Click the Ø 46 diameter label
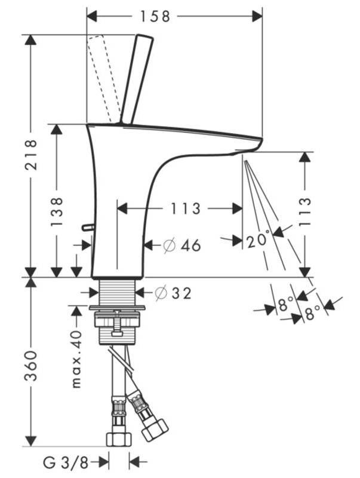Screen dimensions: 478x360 pos(181,245)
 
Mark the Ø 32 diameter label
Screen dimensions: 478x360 pos(173,293)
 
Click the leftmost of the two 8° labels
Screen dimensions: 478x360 pos(286,307)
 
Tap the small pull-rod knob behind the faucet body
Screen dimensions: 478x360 pos(87,227)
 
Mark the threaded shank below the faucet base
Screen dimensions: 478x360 pos(118,292)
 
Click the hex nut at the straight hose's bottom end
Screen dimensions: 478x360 pos(118,439)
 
